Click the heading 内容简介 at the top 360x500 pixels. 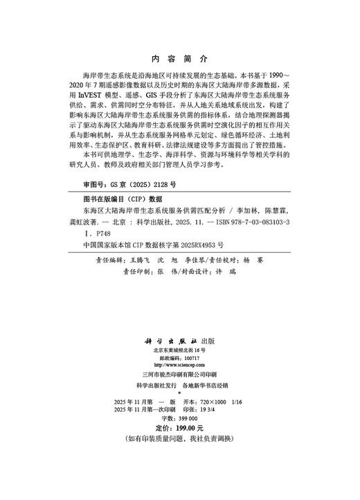(179, 60)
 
